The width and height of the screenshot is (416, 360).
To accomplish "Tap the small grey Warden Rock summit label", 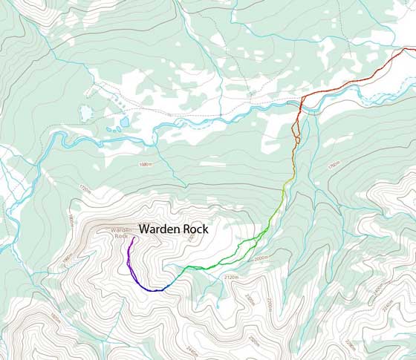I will point(121,233).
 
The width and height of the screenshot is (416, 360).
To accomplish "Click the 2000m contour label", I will point(260,259).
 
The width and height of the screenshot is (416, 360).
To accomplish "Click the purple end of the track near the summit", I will point(132,239).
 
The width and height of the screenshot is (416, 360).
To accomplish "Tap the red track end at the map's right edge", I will point(413,49).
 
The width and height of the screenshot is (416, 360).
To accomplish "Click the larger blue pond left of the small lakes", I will point(86,113).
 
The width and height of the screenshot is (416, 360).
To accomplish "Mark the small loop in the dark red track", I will point(296,137).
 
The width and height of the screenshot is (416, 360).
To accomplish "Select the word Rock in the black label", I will point(195,230).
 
